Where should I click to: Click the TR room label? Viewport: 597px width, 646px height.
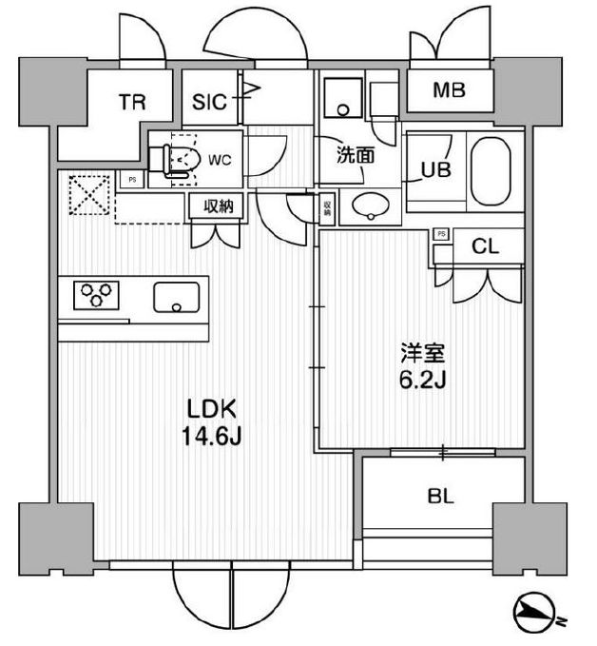click(x=132, y=102)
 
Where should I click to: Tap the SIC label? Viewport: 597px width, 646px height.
click(x=209, y=102)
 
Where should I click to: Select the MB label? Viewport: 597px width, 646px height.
click(x=449, y=91)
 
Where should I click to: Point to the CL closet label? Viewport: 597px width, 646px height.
click(x=486, y=247)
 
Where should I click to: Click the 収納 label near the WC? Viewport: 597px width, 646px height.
click(x=214, y=205)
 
